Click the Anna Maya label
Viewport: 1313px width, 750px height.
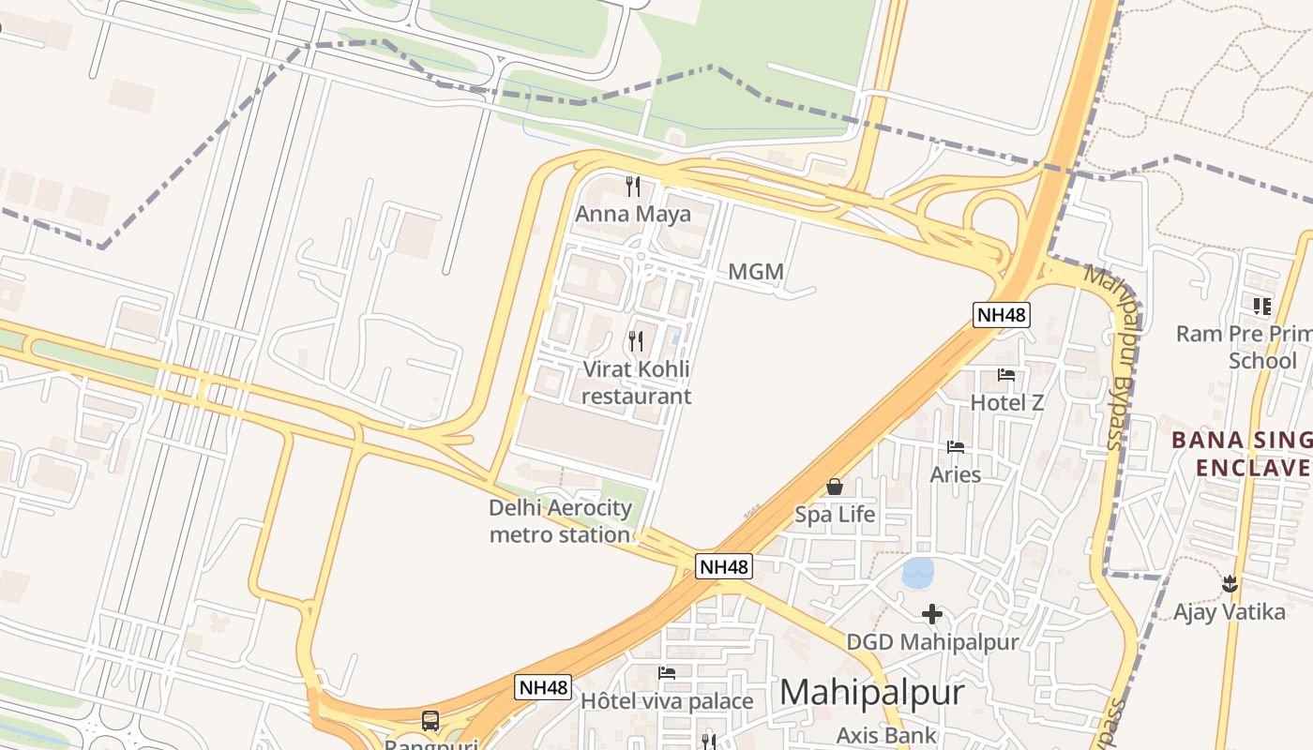point(633,214)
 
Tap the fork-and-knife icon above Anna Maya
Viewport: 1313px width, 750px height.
point(633,187)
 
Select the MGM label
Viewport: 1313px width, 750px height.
point(755,272)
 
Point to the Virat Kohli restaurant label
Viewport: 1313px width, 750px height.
point(636,382)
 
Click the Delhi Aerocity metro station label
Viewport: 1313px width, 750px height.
point(560,521)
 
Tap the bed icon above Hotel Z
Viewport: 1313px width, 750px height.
point(1006,375)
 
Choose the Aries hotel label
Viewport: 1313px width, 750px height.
point(955,474)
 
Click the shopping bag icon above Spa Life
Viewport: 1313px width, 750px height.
point(834,487)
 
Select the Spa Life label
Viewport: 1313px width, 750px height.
point(835,515)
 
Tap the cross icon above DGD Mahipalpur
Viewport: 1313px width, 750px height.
point(931,614)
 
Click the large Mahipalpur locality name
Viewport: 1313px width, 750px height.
point(871,693)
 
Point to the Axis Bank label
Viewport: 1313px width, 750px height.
point(886,735)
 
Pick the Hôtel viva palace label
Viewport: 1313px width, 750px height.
point(667,701)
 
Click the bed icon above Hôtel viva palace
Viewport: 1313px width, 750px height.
point(667,673)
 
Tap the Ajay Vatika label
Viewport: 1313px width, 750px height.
point(1230,612)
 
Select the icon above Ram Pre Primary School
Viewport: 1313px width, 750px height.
point(1261,306)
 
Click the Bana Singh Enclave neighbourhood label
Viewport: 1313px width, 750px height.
point(1242,454)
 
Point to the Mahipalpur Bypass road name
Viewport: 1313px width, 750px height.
point(1116,356)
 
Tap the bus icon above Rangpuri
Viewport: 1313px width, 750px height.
point(430,721)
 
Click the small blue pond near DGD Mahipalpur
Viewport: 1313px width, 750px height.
point(918,573)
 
